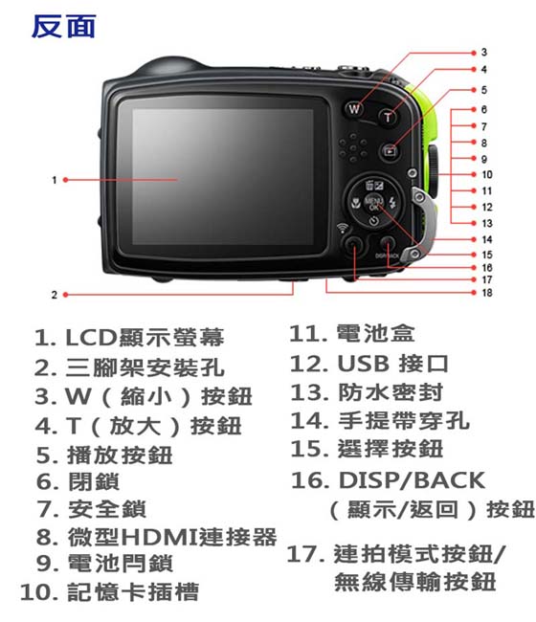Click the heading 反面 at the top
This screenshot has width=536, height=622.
coord(63,26)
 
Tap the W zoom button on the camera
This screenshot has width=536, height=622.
coord(354,109)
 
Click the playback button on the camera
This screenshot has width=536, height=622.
coord(390,150)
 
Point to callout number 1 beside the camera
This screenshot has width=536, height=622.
coord(54,179)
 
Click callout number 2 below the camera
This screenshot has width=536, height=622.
coord(54,294)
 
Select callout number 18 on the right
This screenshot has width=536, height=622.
coord(487,292)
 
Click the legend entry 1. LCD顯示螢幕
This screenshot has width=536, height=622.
coord(129,338)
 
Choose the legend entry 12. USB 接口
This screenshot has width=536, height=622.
coord(368,365)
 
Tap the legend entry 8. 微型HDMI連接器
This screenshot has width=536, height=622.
coord(156,537)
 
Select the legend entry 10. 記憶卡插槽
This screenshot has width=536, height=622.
coord(110,592)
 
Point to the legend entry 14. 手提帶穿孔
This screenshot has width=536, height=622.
coord(380,420)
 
